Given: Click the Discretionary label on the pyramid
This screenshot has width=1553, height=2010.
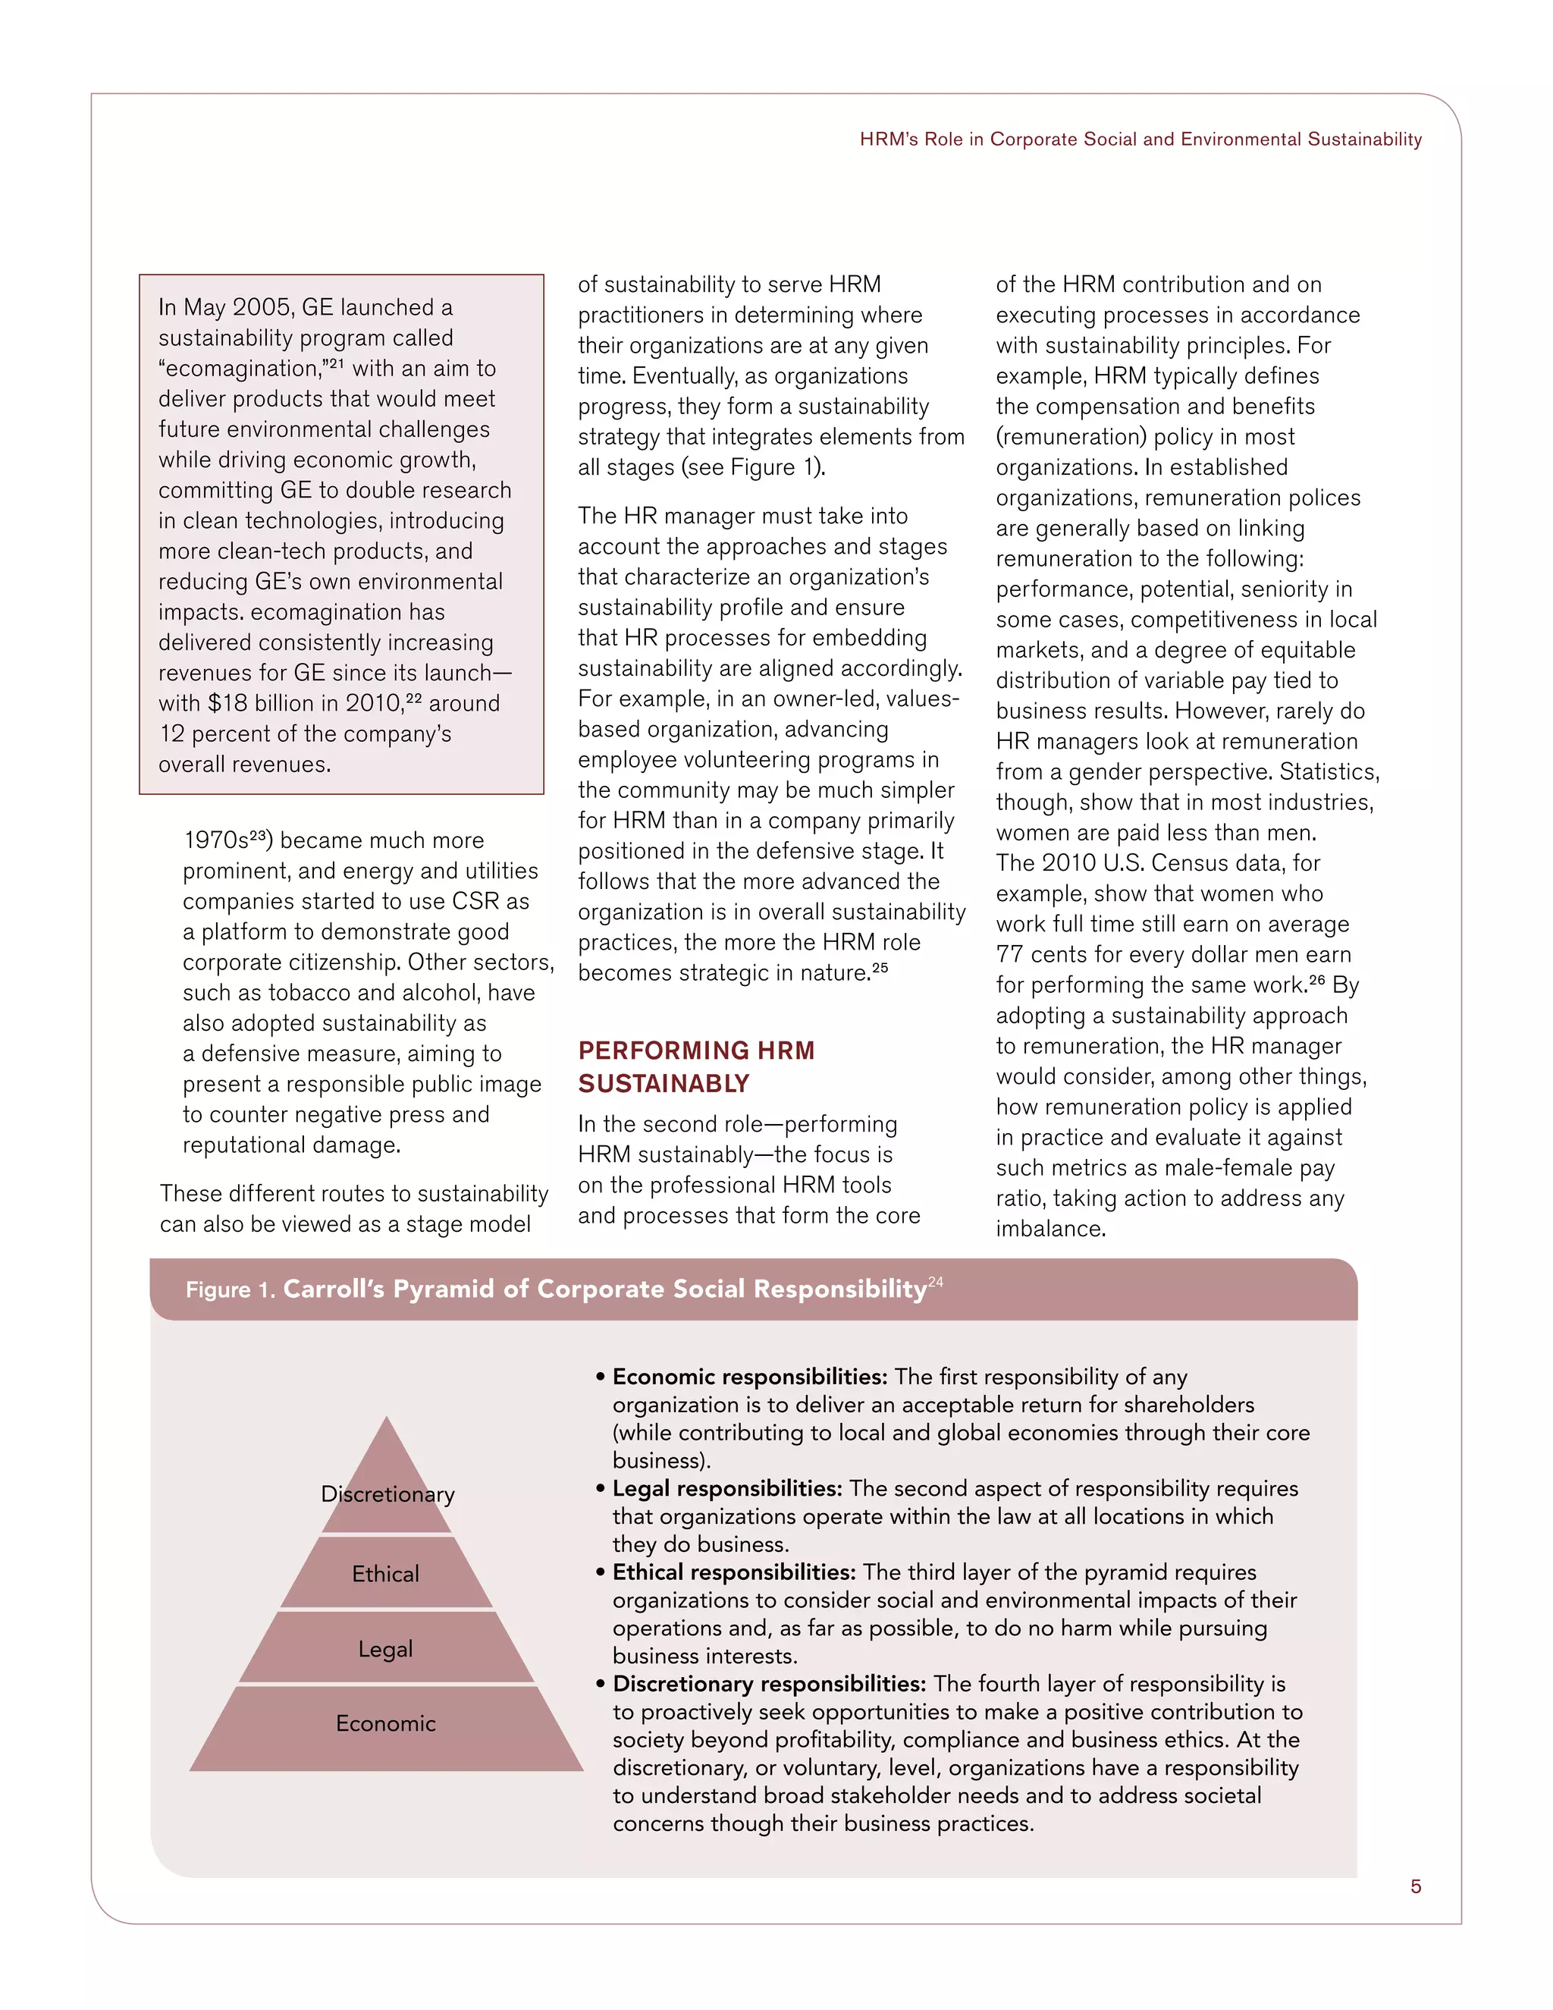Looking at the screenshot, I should [387, 1493].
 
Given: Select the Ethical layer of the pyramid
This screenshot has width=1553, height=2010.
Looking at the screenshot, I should [385, 1574].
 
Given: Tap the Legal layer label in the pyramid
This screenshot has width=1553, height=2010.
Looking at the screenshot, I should [385, 1649].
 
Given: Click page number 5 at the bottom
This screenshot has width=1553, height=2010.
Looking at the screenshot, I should [1415, 1886].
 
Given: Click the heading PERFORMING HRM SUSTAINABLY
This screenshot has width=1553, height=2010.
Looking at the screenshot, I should [695, 1066].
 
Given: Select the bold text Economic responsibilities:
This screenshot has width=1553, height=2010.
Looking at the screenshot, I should [750, 1377].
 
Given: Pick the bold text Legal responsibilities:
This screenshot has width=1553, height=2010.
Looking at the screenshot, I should [726, 1488].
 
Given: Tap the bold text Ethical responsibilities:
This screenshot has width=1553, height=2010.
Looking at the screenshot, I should [734, 1572].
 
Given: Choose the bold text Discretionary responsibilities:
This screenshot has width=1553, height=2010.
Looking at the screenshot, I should [769, 1683].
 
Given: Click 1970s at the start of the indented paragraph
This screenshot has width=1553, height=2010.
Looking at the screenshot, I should [216, 841].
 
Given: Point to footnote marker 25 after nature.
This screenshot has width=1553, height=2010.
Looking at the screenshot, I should [880, 968].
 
